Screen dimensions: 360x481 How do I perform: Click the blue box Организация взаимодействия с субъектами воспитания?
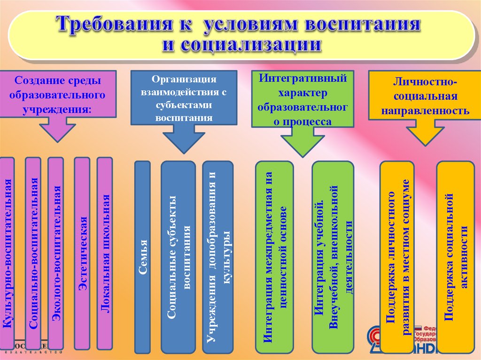[183, 97]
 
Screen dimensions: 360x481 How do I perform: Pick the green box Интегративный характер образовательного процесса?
[303, 99]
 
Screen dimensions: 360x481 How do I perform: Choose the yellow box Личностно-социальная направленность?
[425, 97]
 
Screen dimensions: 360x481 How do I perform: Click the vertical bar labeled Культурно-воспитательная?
[7, 253]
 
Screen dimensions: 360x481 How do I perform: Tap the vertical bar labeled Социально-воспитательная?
[33, 253]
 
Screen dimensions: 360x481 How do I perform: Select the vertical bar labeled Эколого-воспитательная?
[56, 253]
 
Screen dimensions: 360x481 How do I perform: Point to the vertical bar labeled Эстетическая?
[82, 253]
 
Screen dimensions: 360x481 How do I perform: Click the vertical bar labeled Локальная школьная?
[105, 253]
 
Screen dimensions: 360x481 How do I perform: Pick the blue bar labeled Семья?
[142, 257]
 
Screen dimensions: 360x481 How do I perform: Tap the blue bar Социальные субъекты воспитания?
[178, 257]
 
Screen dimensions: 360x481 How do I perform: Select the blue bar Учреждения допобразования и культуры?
[218, 257]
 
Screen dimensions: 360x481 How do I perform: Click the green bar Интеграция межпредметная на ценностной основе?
[274, 257]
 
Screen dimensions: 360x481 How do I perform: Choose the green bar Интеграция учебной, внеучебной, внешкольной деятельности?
[333, 257]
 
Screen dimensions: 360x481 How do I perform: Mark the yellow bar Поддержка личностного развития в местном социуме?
[397, 257]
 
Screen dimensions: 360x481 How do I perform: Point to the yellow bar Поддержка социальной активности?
[455, 257]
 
